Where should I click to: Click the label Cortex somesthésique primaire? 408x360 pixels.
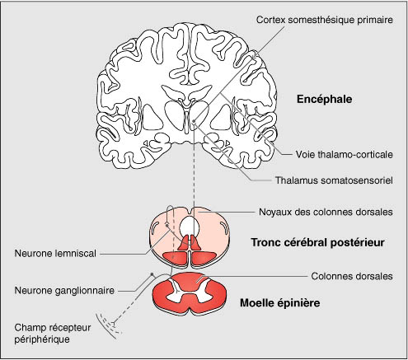point(325,20)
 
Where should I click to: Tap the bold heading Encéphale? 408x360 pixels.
point(324,99)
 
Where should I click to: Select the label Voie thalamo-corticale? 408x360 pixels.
point(345,154)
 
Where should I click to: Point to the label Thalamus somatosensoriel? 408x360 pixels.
point(334,180)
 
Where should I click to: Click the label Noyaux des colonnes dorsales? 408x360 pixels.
point(326,212)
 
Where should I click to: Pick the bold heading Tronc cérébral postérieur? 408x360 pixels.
point(317,242)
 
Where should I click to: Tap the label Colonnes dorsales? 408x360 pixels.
point(352,276)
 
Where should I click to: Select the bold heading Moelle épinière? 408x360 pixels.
point(280,303)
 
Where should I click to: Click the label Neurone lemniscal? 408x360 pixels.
point(55,253)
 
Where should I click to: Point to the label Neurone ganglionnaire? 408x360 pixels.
point(64,290)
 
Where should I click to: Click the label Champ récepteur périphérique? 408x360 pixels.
point(53,334)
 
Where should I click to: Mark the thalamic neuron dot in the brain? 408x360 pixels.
point(195,121)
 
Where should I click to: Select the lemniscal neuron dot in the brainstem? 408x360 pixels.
point(166,226)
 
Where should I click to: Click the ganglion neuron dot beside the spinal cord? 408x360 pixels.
point(152,274)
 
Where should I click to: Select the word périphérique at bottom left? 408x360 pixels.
point(42,339)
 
